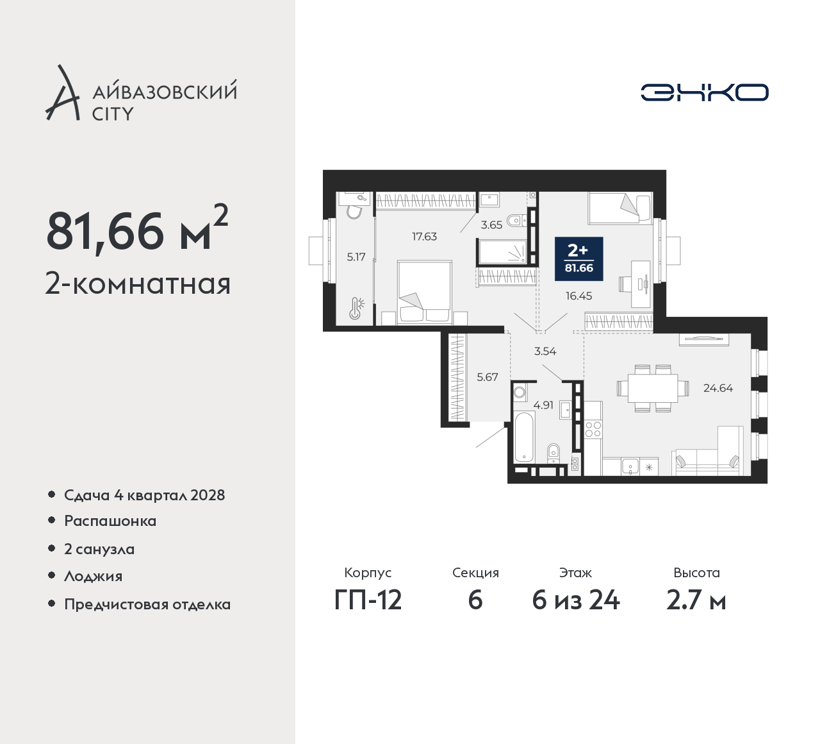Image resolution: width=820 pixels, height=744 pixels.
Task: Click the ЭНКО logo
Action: pos(704,92)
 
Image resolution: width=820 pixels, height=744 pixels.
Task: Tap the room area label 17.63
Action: pos(424,237)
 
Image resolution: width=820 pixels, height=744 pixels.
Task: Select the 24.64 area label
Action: pos(717,388)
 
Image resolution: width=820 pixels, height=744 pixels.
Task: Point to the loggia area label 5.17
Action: pos(356,257)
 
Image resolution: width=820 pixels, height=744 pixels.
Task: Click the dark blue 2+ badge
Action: pos(579,258)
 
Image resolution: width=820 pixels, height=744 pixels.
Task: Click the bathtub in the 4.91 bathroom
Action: pos(525,437)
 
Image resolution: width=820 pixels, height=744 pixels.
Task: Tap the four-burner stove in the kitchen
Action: pos(593,430)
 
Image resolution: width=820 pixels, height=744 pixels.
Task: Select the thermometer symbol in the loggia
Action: pos(356,309)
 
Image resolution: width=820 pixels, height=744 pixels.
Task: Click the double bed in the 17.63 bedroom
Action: pos(425,292)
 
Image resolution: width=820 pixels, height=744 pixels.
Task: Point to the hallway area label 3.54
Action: pos(545,351)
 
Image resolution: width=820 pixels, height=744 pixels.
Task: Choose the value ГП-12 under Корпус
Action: pos(368,601)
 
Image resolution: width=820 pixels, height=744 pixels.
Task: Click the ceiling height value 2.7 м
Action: pos(696,601)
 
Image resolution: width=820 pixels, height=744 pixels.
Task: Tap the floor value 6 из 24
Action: pos(576,601)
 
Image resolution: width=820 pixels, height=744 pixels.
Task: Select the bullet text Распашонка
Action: pos(110,521)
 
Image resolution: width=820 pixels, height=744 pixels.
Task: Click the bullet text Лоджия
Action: pos(93,576)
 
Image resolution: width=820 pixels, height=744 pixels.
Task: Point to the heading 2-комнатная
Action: pos(138,284)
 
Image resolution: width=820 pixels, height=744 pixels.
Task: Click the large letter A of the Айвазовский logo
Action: pos(62,93)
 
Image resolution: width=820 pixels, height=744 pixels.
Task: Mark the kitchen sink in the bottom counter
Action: pos(630,466)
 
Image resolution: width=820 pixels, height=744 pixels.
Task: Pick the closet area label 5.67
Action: pos(488,377)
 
